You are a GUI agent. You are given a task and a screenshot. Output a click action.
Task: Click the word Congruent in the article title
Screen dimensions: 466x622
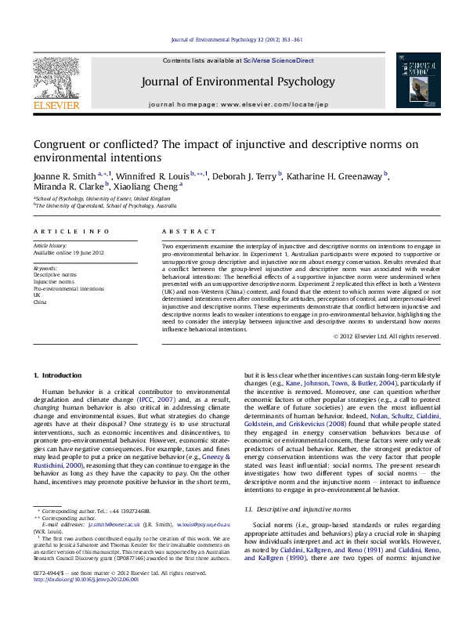click(61, 145)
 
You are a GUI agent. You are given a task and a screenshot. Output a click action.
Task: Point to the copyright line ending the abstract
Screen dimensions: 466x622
click(386, 336)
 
